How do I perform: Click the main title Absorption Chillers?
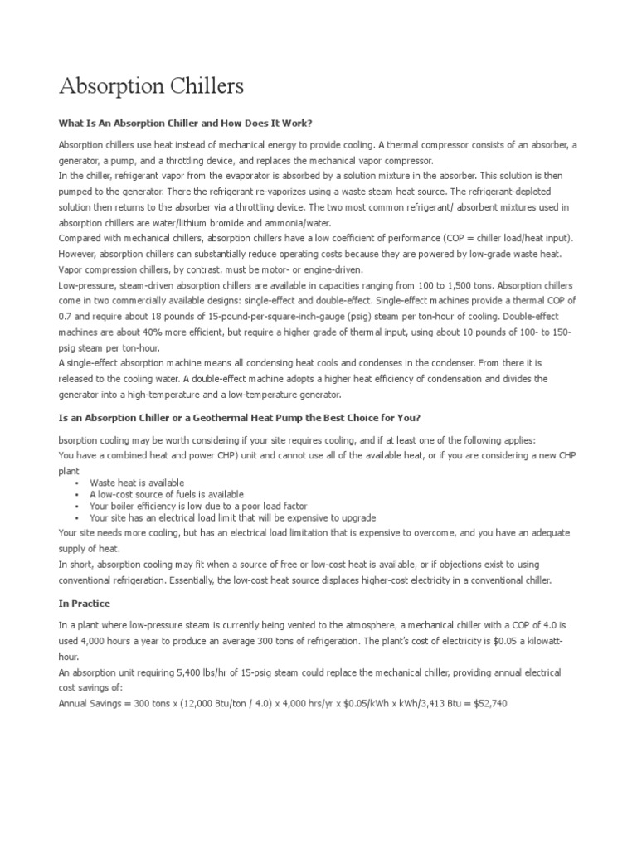(151, 86)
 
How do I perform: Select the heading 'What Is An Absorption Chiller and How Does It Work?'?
(185, 123)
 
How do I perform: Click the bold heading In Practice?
(84, 603)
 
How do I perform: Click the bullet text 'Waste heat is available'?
(137, 483)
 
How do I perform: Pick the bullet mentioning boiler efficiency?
(198, 506)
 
